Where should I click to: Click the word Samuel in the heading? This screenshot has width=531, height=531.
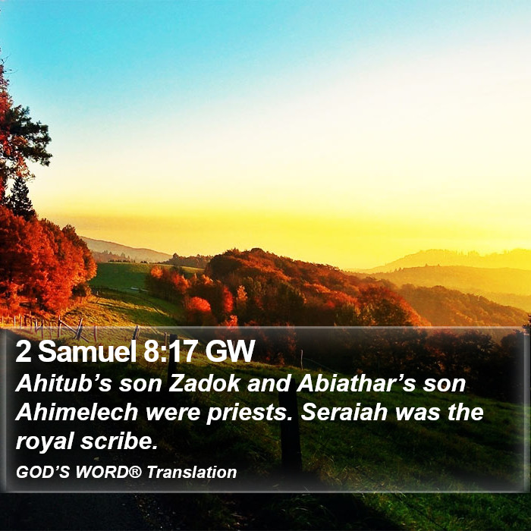(86, 351)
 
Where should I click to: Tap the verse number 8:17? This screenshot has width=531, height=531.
(171, 351)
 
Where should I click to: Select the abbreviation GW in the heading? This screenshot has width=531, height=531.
(230, 351)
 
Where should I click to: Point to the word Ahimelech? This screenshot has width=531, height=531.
(77, 412)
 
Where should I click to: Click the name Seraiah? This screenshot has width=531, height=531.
(344, 412)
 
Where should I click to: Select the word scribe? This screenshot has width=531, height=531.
(119, 441)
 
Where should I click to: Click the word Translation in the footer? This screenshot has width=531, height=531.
(192, 472)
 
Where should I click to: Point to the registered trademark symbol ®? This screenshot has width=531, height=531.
(136, 471)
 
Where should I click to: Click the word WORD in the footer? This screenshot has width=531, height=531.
(102, 472)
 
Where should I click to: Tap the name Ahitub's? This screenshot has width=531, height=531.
(63, 383)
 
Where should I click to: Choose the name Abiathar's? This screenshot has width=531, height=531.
(356, 383)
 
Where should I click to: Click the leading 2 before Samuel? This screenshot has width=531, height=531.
(23, 351)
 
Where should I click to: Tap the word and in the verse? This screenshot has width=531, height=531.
(269, 383)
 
